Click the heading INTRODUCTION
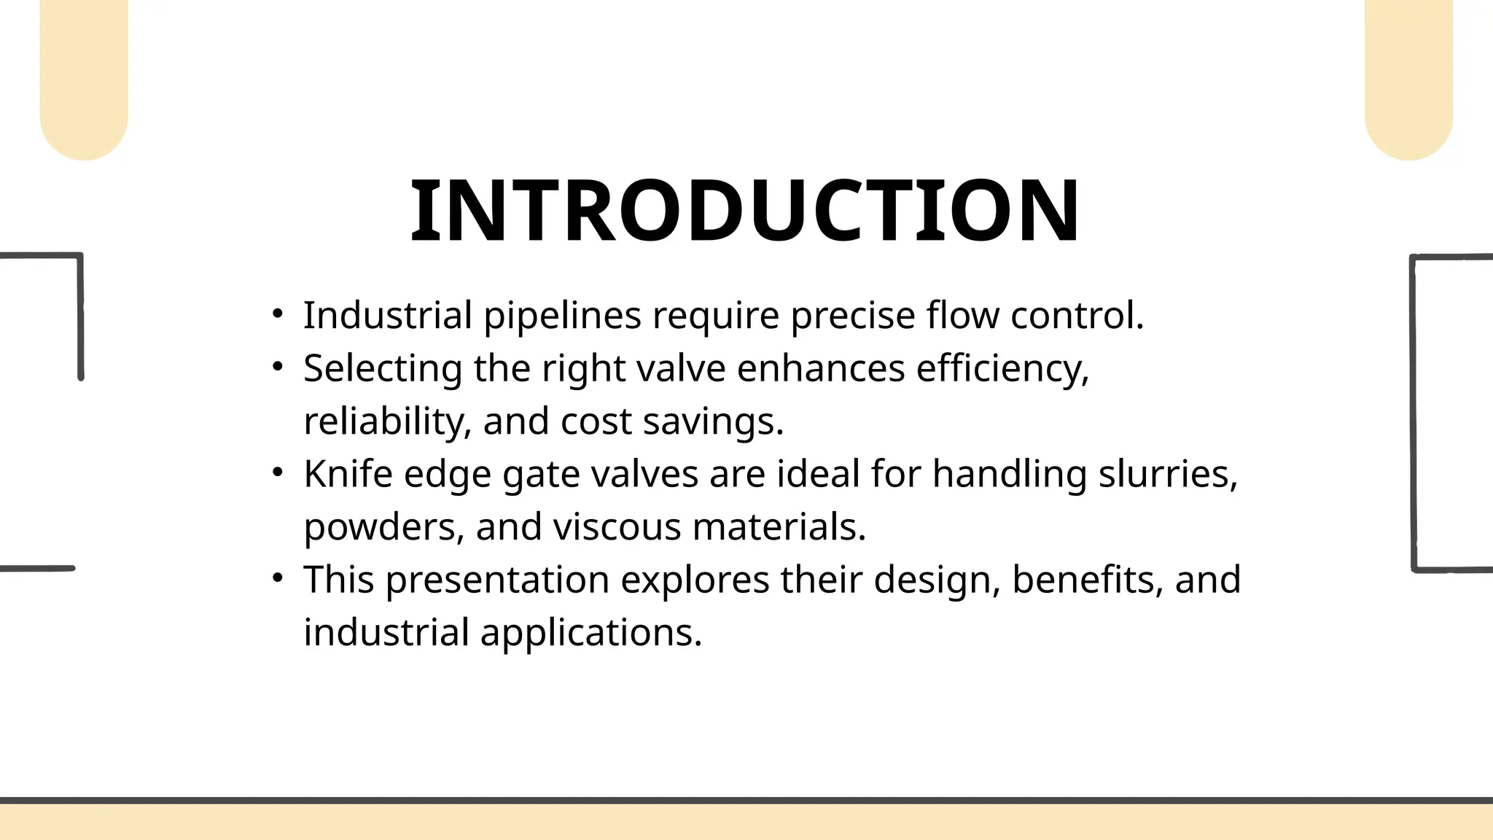click(x=745, y=211)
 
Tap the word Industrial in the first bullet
click(x=388, y=316)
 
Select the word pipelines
click(x=563, y=316)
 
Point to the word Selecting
click(x=383, y=368)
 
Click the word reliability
click(x=388, y=421)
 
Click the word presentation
click(x=497, y=580)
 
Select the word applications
click(x=590, y=632)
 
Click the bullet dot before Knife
click(x=277, y=472)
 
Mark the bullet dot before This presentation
click(x=277, y=578)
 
